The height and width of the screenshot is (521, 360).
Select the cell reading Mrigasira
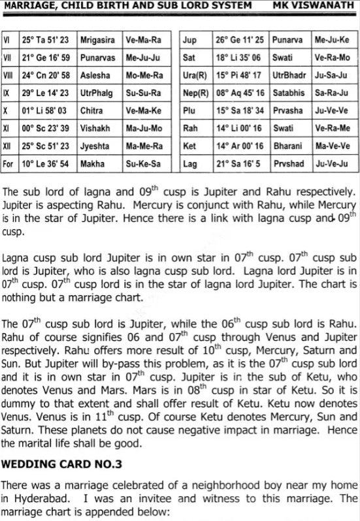(x=97, y=40)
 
